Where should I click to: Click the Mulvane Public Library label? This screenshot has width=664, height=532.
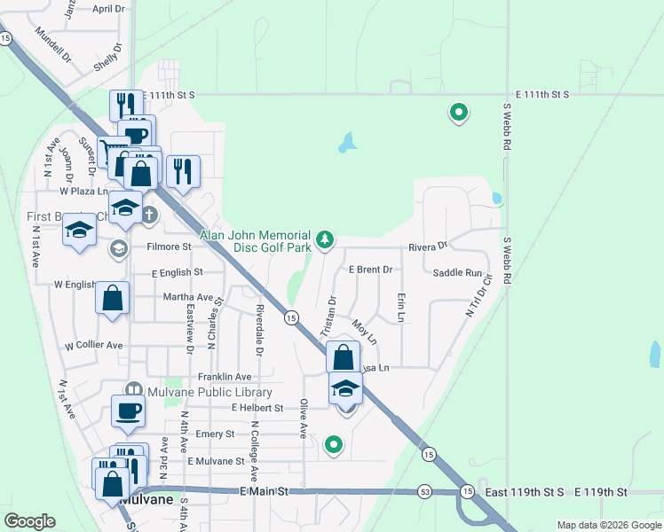point(209,392)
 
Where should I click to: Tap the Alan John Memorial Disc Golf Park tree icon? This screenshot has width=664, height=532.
point(327,238)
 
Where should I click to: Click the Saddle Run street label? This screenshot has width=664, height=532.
point(458,274)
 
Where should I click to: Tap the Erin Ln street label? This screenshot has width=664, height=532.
point(401,307)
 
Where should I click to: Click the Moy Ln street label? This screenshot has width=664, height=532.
point(365,332)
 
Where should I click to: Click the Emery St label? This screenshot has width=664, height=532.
point(215,434)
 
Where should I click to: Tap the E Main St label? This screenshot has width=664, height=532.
point(265,490)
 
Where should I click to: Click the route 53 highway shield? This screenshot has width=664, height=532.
point(425,490)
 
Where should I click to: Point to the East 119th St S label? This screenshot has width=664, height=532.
point(524,491)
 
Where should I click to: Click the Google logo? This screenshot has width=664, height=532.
point(29,521)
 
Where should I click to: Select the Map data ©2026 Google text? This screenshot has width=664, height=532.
point(608,525)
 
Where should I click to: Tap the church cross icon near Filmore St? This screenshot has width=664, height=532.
point(149,214)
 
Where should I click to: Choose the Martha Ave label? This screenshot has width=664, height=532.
point(187,297)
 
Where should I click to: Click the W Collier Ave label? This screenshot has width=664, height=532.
point(93,345)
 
